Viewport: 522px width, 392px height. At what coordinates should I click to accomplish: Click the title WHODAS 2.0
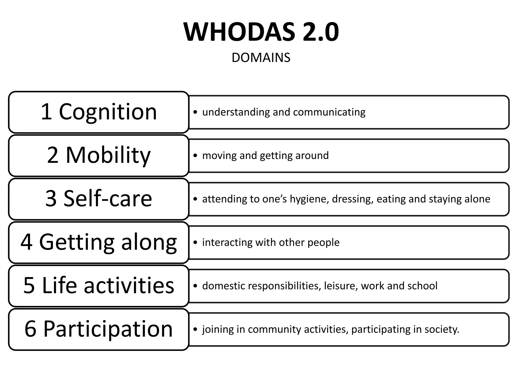tap(261, 32)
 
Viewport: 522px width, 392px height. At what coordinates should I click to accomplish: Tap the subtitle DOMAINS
tap(261, 58)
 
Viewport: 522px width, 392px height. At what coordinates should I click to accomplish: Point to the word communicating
tap(329, 112)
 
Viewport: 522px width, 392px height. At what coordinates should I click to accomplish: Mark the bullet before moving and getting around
tap(195, 155)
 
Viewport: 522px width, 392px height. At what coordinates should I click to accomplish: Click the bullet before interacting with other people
tap(195, 242)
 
